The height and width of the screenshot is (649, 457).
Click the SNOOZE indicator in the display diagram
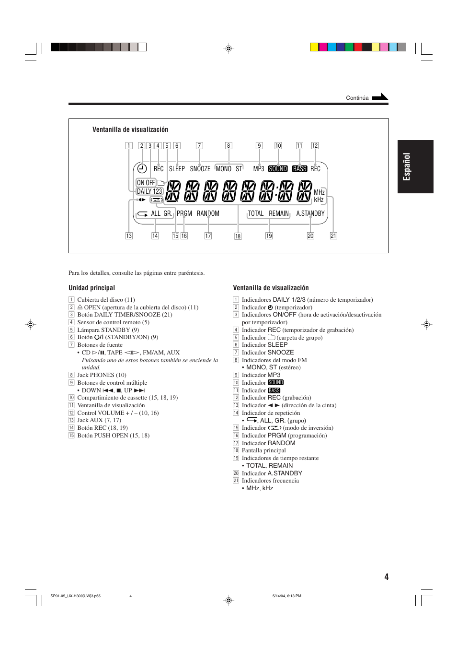point(200,169)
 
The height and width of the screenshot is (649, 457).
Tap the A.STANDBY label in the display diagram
point(310,213)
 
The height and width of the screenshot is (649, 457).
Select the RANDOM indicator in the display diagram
point(208,213)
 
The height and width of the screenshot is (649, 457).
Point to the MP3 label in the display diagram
point(259,169)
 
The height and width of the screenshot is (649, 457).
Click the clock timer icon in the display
point(142,168)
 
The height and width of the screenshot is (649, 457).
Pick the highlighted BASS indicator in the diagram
point(299,169)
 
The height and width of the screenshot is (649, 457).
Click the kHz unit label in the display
point(319,200)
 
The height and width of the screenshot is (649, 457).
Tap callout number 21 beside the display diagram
point(333,236)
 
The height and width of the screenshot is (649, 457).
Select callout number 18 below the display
point(238,236)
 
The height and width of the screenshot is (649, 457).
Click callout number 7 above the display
point(199,146)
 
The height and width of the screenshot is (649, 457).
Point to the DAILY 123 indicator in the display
point(149,191)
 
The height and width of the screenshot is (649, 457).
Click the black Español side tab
point(415,166)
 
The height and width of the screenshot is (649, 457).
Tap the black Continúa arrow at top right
point(380,97)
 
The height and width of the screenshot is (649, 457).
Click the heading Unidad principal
point(91,288)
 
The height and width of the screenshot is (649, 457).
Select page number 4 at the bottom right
point(386,577)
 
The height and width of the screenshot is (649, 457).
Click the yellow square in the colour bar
point(314,47)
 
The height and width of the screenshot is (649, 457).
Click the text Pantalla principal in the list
point(263,450)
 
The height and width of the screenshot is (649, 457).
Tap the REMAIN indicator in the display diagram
point(279,213)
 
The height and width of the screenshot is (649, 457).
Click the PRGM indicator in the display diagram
point(184,213)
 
